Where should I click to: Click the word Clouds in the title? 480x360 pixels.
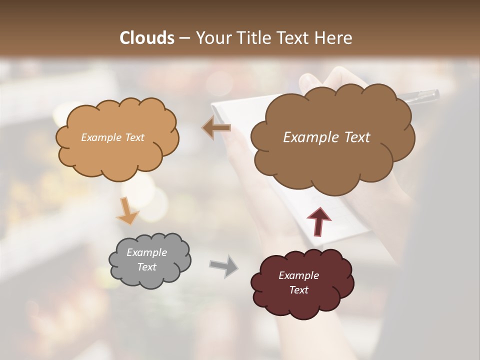(146, 38)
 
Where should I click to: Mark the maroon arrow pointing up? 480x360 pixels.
(318, 221)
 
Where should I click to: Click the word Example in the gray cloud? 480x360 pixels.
(146, 252)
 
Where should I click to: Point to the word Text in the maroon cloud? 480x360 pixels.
(298, 290)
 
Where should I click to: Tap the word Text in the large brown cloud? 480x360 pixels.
(354, 137)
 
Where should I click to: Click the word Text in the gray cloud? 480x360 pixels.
(146, 267)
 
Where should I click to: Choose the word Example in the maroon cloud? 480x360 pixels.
(298, 275)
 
